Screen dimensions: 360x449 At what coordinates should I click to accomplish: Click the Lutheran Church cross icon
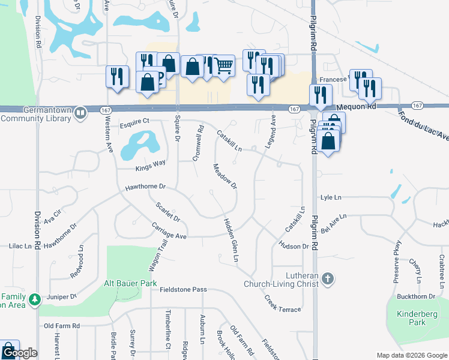click(x=328, y=278)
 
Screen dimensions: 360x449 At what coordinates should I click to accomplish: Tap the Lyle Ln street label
click(x=331, y=197)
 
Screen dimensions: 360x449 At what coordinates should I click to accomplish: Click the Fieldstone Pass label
click(x=183, y=289)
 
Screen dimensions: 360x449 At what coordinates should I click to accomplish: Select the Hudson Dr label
click(x=294, y=245)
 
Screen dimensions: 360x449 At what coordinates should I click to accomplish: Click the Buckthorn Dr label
click(x=415, y=296)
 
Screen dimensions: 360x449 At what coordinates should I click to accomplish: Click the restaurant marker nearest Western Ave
click(x=118, y=77)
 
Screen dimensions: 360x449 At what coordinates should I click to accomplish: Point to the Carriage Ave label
click(x=170, y=235)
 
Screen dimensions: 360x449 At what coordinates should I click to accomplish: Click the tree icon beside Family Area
click(x=35, y=298)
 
